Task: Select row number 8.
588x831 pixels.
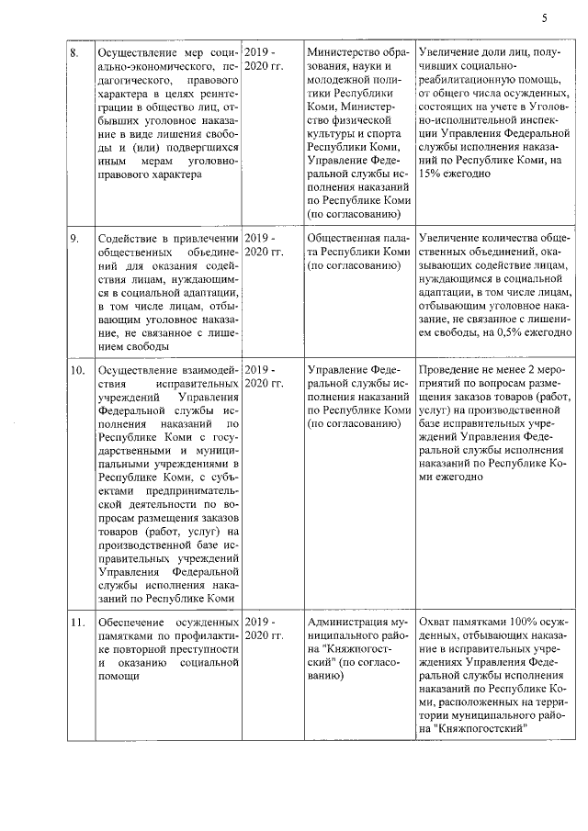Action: [x=75, y=51]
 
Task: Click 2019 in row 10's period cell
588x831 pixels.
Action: [x=258, y=370]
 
